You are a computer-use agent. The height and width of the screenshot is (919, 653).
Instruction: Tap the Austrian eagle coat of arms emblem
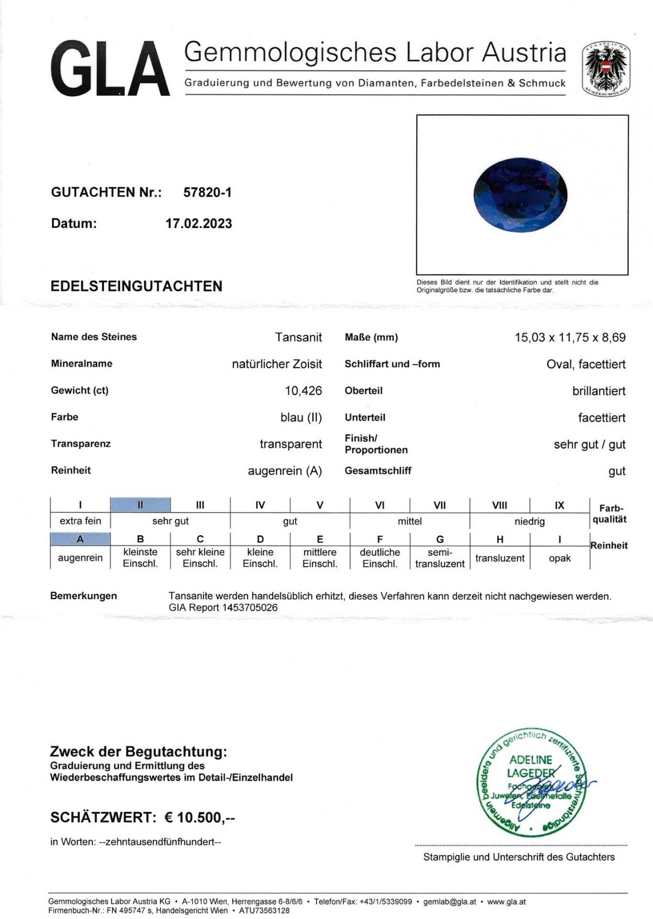tap(606, 70)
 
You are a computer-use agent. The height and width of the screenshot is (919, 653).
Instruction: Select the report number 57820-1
tap(207, 192)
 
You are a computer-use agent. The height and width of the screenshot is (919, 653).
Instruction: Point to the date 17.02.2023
tap(199, 223)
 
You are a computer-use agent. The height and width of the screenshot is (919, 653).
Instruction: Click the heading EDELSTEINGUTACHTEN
tap(136, 286)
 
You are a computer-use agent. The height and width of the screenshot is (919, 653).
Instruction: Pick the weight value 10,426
tap(303, 390)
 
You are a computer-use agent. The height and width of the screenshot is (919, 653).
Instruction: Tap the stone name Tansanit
tap(298, 337)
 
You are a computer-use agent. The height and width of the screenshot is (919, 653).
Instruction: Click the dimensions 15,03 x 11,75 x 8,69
tap(570, 337)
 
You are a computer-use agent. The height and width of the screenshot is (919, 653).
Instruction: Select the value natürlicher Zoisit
tap(276, 364)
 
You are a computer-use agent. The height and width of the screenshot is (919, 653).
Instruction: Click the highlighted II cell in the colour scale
tap(140, 505)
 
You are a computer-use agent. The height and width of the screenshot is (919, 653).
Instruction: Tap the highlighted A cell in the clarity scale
tap(80, 539)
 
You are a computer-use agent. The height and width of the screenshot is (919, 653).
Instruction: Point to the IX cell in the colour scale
tap(559, 505)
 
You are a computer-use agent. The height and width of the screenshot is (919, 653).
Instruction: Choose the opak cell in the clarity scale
tap(559, 558)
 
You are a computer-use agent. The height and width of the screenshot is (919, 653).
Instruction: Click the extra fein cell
tap(80, 520)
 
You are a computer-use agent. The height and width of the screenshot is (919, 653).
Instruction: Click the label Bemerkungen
tap(83, 595)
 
